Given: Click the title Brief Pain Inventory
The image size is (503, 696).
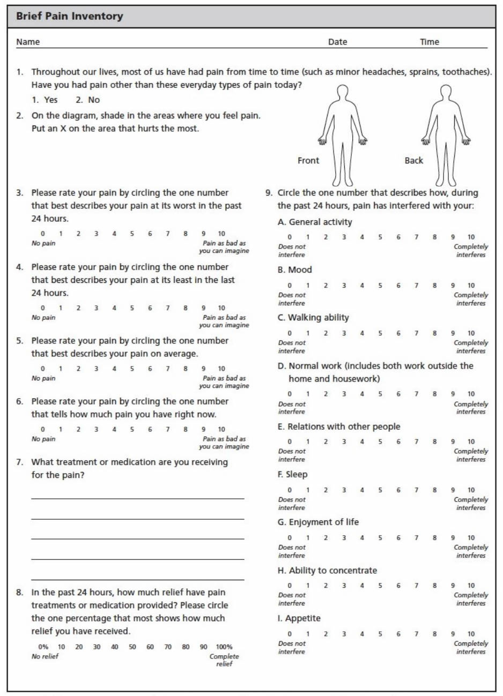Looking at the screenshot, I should pyautogui.click(x=69, y=16).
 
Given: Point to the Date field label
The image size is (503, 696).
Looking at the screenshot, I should pyautogui.click(x=337, y=42).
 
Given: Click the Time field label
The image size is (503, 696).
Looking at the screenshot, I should pyautogui.click(x=429, y=42).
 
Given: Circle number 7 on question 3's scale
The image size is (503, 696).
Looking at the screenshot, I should pyautogui.click(x=167, y=234).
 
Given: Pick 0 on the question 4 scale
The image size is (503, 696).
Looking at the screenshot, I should pyautogui.click(x=43, y=308).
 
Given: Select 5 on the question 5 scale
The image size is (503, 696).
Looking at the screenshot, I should pyautogui.click(x=132, y=369).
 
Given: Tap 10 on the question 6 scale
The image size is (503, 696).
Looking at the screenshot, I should pyautogui.click(x=221, y=429).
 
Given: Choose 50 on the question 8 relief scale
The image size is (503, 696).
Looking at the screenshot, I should pyautogui.click(x=132, y=647).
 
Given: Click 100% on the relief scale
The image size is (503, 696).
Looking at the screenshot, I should pyautogui.click(x=224, y=647).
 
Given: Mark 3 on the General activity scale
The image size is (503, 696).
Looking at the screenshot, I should pyautogui.click(x=344, y=237).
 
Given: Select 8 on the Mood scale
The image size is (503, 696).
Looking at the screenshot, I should pyautogui.click(x=434, y=286).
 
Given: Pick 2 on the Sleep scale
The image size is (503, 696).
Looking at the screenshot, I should pyautogui.click(x=326, y=490).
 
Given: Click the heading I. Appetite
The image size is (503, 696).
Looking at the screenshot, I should pyautogui.click(x=299, y=618).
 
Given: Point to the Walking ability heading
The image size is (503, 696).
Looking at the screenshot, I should pyautogui.click(x=313, y=318).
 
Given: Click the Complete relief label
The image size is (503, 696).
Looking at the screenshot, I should pyautogui.click(x=224, y=660).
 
